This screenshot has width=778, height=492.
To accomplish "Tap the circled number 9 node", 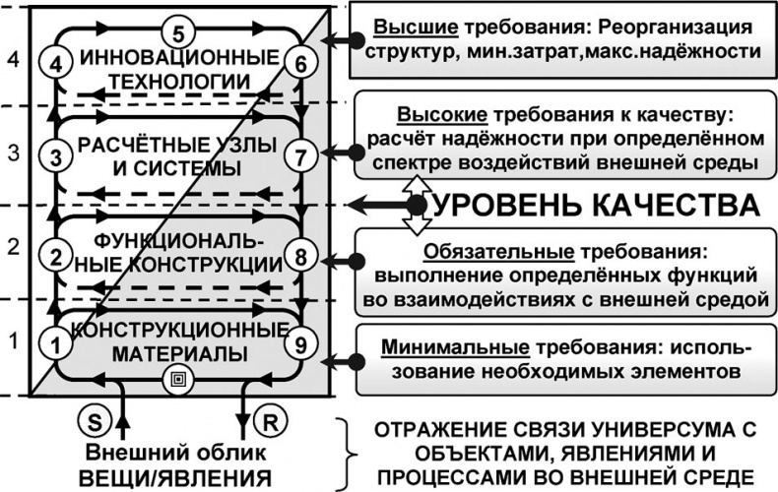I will [x=302, y=343].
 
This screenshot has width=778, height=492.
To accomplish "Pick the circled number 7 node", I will [x=302, y=154].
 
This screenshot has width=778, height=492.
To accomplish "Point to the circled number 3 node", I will [x=55, y=155].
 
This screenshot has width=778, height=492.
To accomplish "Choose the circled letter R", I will [x=267, y=420].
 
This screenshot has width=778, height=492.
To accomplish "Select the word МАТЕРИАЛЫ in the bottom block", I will [x=177, y=352].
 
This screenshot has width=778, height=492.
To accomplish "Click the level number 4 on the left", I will [x=12, y=59].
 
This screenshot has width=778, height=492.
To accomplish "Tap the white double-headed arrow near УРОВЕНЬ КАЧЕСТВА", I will [x=417, y=205].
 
